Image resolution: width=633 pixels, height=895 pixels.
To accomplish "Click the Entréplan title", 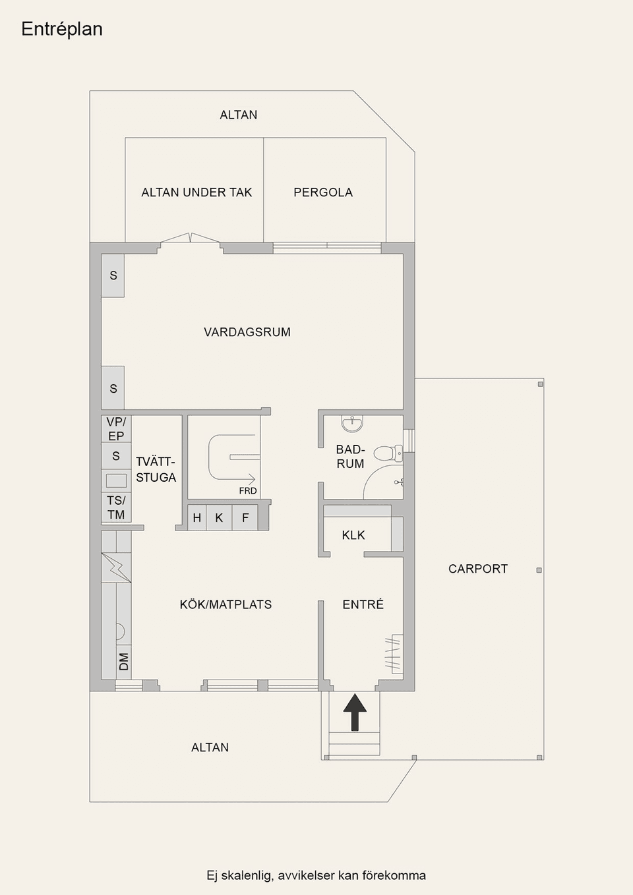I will click(62, 29).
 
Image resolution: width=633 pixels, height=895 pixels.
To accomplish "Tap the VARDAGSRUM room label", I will click(247, 332).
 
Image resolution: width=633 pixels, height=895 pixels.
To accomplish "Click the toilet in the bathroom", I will click(387, 453).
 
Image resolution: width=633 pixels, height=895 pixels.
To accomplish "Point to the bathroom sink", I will click(352, 422).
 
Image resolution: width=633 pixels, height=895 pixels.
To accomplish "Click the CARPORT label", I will click(478, 569).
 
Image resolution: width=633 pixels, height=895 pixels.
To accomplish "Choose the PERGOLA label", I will click(323, 192).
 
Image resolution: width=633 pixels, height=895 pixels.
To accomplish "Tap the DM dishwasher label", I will click(123, 662).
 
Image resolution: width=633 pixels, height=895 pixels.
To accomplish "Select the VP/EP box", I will click(116, 428).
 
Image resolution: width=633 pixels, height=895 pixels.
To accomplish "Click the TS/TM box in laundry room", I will click(116, 507).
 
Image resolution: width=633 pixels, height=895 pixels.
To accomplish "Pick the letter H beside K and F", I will click(196, 518).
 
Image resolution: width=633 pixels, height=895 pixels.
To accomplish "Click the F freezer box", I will click(245, 518).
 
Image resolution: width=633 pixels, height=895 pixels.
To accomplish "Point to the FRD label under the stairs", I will click(248, 491).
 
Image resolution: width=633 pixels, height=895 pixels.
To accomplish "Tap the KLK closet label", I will click(353, 535).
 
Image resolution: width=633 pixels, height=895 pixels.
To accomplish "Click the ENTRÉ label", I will click(363, 604).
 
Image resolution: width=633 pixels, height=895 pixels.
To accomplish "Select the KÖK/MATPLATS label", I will click(226, 604).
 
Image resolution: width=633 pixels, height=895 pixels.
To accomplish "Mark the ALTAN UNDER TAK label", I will click(196, 192).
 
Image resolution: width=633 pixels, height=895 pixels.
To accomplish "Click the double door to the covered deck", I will click(191, 239).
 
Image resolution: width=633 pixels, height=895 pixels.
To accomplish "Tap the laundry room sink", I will click(116, 480).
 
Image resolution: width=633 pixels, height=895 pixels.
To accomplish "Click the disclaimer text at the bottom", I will click(316, 875).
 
